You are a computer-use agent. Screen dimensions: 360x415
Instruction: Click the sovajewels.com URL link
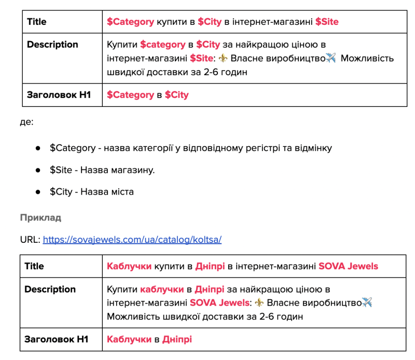coord(132,240)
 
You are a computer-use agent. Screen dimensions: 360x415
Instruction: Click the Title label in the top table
coord(37,22)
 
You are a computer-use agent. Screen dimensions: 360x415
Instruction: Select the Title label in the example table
coord(34,266)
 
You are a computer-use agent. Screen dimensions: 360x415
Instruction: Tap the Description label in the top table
coord(52,45)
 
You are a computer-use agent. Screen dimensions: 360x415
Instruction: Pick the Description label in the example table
coord(50,289)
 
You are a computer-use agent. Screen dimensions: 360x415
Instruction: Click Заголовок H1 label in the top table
coord(59,95)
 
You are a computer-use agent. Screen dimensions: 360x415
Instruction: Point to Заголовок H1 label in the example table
coord(57,339)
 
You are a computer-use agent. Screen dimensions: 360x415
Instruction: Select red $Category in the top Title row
coord(130,22)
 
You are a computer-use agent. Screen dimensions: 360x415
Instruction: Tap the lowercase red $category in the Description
coord(162,45)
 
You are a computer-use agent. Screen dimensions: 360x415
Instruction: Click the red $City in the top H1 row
coord(176,95)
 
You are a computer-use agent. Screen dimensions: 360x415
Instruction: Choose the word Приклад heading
coord(40,217)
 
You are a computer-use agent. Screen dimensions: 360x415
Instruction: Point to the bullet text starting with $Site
coord(102,170)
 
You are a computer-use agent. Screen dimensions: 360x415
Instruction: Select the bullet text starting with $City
coord(92,191)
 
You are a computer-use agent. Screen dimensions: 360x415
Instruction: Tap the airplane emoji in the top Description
coord(331,58)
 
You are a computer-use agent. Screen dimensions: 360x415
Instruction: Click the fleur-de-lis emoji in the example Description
coord(259,303)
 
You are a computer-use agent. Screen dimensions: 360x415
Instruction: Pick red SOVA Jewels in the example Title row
coord(348,266)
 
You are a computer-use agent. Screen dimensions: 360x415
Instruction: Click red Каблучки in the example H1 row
coord(129,339)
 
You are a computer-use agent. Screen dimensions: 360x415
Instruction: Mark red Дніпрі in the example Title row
coord(210,266)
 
